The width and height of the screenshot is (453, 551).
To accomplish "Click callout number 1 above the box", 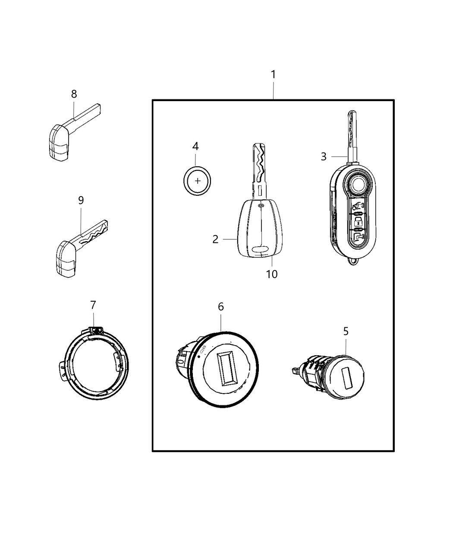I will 273,75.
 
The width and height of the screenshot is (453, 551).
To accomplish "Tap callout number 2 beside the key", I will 216,239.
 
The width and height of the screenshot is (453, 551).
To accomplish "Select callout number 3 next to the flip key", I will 324,156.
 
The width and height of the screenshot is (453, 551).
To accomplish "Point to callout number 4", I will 195,147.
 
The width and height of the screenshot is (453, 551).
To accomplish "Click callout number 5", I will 346,331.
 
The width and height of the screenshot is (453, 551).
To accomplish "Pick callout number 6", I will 220,307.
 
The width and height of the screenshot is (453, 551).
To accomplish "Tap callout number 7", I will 93,305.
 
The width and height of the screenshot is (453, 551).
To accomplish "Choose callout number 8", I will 74,94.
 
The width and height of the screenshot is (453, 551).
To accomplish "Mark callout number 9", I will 81,200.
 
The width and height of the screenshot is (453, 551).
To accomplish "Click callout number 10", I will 272,274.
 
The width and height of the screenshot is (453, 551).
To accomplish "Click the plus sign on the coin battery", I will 197,181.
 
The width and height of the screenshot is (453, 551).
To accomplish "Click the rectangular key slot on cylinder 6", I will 227,368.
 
